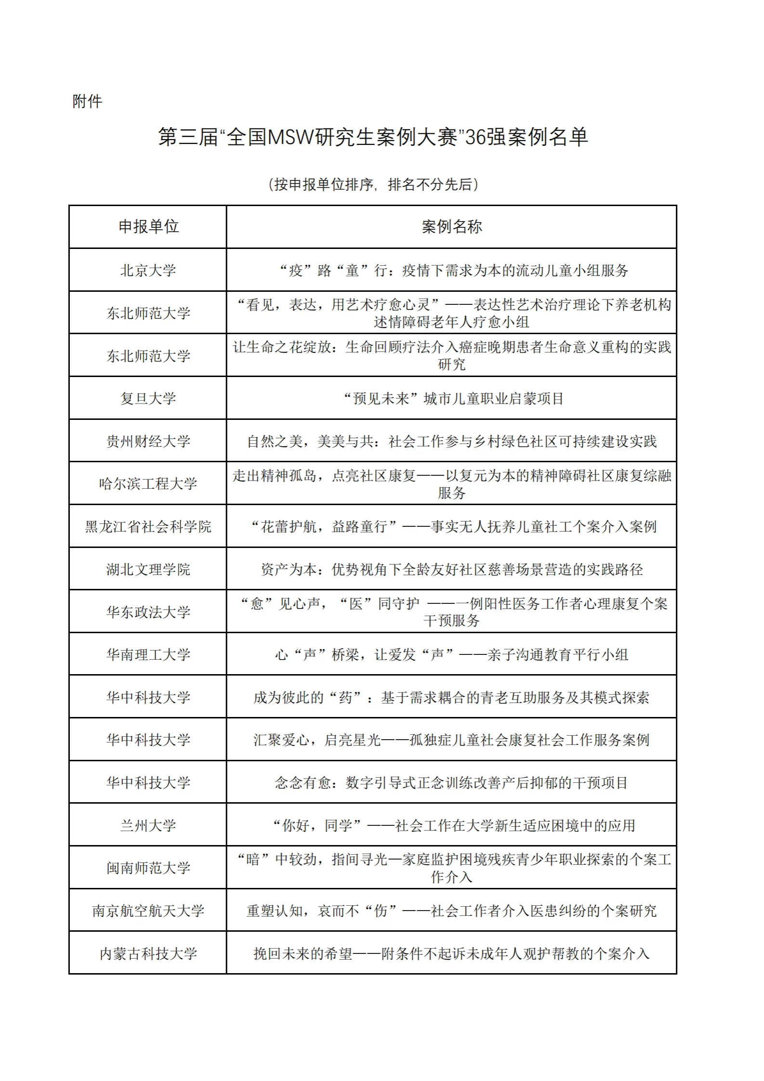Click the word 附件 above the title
[87, 102]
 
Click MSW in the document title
[290, 137]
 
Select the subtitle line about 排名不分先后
[373, 184]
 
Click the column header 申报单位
[148, 227]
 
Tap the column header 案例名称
[451, 227]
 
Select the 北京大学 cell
[148, 270]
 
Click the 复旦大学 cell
[148, 399]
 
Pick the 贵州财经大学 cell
[148, 441]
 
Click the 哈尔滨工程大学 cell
[148, 483]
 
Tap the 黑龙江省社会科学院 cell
[148, 527]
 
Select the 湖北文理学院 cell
[148, 570]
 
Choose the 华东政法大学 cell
[148, 612]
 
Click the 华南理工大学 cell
[148, 654]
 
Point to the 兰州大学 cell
[148, 825]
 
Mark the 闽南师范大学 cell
[148, 868]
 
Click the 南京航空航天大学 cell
[148, 911]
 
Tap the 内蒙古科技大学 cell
[148, 953]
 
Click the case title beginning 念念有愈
[451, 783]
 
